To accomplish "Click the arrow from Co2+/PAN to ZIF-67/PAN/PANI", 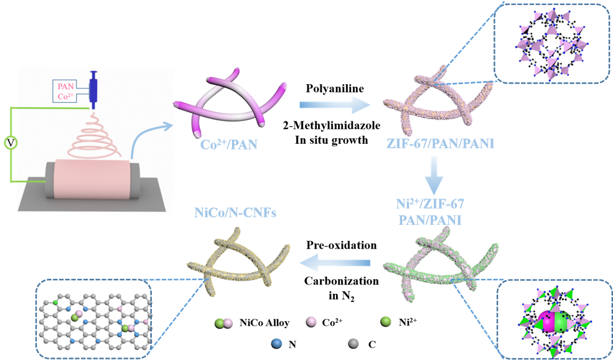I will tap(334, 105).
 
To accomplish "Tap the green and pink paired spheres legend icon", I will tap(223, 323).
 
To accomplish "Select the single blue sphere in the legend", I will tap(277, 343).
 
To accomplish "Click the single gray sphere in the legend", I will tap(353, 343).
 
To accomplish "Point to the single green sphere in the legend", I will tap(386, 321).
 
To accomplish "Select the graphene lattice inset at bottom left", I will tap(94, 318).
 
